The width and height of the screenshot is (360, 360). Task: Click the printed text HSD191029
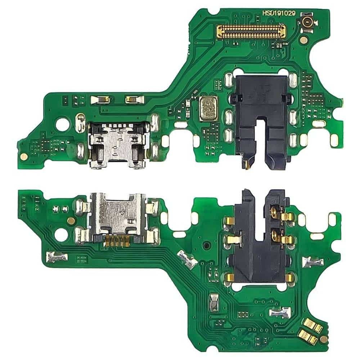(279, 13)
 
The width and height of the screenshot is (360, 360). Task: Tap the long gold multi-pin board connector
(252, 31)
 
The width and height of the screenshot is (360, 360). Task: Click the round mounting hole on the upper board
(62, 124)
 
